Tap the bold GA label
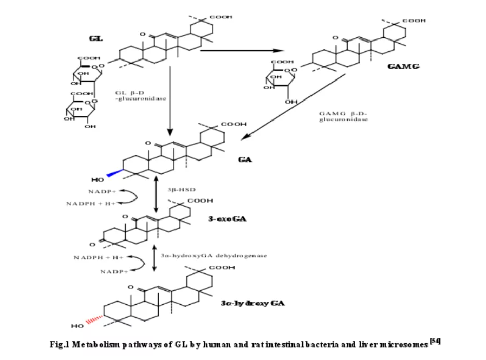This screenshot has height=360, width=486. (245, 159)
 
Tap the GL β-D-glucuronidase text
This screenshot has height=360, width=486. (140, 95)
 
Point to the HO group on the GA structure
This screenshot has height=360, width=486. (98, 179)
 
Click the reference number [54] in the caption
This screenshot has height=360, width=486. (436, 341)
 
